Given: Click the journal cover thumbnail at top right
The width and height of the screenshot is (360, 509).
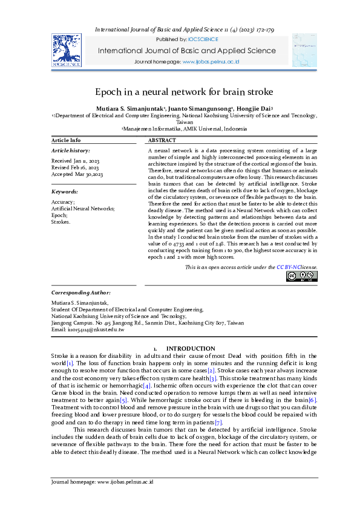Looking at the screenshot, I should tap(304, 50).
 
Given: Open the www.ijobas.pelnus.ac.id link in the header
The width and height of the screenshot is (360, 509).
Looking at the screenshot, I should tap(211, 62).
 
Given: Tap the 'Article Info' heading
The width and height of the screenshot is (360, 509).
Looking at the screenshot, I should tap(66, 140).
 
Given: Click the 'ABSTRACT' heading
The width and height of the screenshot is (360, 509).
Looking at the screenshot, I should tap(162, 140).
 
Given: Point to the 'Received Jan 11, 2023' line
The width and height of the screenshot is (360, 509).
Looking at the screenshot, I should tap(76, 161).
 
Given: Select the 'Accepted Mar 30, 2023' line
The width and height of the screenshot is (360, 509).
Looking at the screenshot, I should tap(77, 174).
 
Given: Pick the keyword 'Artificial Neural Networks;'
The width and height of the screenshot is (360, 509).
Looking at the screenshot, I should tap(83, 209).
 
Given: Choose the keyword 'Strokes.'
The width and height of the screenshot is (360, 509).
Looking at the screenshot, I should tap(61, 222).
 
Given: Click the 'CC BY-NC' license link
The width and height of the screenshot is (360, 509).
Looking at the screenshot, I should tap(289, 267).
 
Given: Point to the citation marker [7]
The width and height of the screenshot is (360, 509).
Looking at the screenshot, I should tap(220, 422).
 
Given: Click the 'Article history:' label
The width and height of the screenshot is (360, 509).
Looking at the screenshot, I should tap(71, 150).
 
